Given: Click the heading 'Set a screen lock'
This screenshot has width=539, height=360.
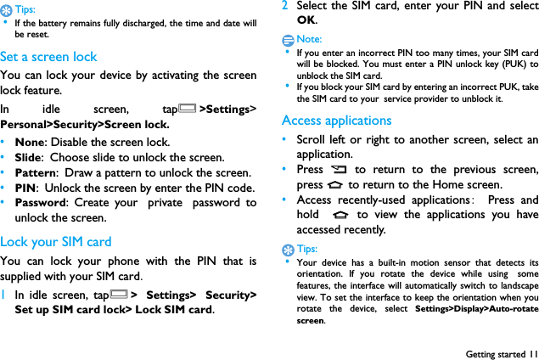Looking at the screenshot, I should (x=48, y=57).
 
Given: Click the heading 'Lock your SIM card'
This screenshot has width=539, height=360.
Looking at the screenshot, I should (x=56, y=241).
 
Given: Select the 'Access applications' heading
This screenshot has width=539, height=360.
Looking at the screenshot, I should (x=336, y=121).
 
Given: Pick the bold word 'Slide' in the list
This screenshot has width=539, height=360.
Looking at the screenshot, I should (x=30, y=157).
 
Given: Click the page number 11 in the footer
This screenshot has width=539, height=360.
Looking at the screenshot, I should (x=532, y=353).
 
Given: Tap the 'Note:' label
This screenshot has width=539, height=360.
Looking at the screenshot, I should (x=310, y=39).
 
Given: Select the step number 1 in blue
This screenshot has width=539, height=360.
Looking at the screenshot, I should (x=4, y=295).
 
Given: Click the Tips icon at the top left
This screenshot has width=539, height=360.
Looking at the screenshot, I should (x=7, y=9).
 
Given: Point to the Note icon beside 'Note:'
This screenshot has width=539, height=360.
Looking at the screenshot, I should (x=289, y=40).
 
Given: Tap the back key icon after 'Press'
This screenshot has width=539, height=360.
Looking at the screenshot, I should (x=340, y=170).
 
